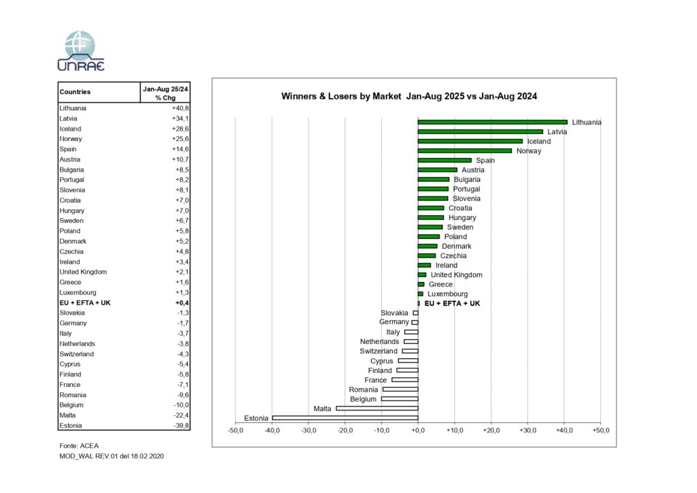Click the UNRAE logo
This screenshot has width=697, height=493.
coord(80,51)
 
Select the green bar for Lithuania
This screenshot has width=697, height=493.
coord(493,123)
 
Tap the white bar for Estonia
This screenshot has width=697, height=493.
coord(345,418)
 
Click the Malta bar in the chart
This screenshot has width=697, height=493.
coord(377,408)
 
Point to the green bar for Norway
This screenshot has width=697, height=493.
coord(464,150)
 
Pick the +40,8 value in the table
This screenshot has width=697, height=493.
coord(180,108)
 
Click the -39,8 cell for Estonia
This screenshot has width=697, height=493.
coord(181,426)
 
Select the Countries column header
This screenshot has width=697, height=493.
coord(75,92)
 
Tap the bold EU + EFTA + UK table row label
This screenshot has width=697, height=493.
coord(85,303)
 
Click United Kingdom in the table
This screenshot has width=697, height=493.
coord(83,272)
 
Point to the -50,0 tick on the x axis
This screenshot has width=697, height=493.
coord(236,430)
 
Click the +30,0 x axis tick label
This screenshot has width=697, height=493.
coord(528,430)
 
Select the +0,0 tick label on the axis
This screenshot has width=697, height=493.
coord(418,430)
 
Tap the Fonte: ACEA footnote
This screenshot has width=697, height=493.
coord(79,445)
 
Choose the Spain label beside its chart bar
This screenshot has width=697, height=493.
coord(485,161)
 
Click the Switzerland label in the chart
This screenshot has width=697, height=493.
coord(378,351)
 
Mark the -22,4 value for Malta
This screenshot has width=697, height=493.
coord(181,415)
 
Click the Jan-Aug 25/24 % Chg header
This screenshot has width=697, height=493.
coord(165,93)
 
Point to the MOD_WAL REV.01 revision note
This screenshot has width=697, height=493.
coord(112,456)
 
